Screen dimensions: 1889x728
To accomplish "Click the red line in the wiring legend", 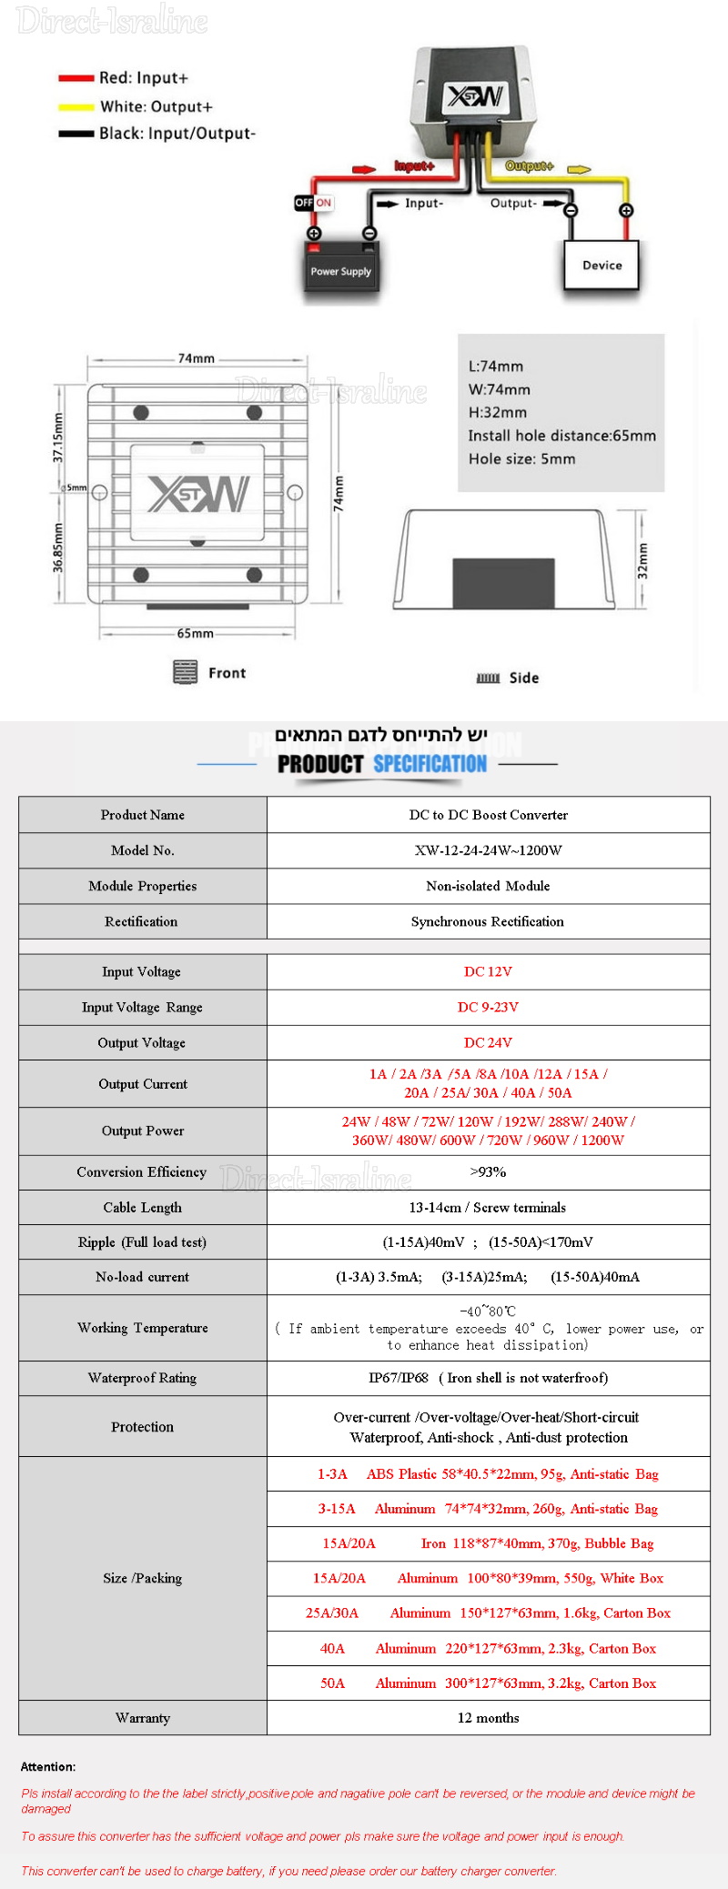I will [76, 78].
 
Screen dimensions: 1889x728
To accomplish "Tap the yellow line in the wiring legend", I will [76, 107].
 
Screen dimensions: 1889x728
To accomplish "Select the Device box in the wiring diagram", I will [602, 265].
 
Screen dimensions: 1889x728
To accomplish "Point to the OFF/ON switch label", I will [313, 202].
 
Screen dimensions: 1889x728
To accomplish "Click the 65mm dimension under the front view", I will [196, 633].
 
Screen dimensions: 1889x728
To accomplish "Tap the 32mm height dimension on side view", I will [642, 560].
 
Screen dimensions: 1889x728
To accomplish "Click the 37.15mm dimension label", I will [58, 437].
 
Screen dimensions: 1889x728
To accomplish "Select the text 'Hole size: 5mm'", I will [521, 458].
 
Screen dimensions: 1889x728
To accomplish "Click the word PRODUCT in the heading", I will [320, 764].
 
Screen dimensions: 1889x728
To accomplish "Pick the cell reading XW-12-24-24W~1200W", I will [488, 850].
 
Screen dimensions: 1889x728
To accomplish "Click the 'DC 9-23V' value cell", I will [488, 1007].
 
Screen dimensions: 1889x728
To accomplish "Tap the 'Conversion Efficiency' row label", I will [142, 1171].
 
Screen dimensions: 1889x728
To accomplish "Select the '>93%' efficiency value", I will [488, 1171].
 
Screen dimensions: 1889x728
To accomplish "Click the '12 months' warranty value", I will [488, 1717].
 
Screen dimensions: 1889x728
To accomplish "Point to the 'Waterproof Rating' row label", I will [142, 1377].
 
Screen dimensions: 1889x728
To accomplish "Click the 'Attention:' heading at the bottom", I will [48, 1766].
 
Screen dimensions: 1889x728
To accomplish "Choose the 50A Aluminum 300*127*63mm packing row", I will [488, 1683].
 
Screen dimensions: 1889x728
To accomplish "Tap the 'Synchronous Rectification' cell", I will [488, 921].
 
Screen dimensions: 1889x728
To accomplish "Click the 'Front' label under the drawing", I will [227, 673].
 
